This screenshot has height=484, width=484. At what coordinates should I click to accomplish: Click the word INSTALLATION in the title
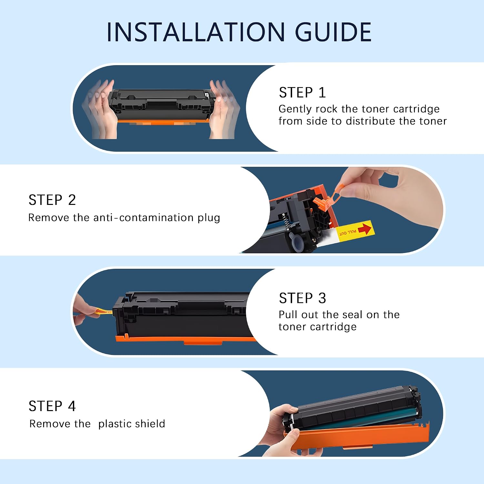196,32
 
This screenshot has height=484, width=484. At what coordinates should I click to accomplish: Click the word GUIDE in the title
333,32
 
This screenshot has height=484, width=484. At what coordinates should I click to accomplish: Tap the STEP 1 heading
302,93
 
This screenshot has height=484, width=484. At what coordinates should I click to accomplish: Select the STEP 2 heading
52,200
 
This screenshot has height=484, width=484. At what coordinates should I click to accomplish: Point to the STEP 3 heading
302,298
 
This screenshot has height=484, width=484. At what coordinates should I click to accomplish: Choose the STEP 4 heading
52,406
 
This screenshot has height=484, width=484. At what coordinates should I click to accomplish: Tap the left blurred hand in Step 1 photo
99,110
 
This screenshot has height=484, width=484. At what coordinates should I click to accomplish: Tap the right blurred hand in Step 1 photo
224,110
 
